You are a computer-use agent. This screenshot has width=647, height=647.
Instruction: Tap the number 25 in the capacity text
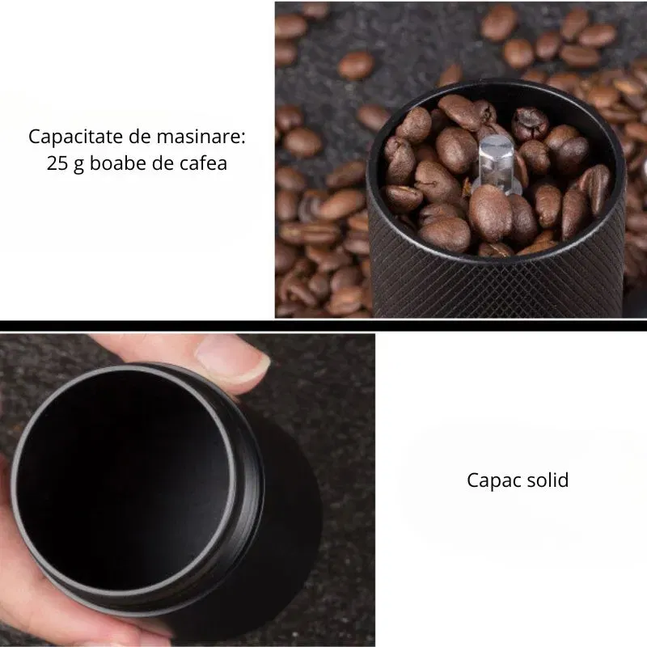[57, 163]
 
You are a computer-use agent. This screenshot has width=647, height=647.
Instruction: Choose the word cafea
[201, 163]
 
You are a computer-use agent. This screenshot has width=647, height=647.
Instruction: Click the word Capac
[492, 480]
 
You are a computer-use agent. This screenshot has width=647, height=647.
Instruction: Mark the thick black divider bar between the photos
[323, 326]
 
